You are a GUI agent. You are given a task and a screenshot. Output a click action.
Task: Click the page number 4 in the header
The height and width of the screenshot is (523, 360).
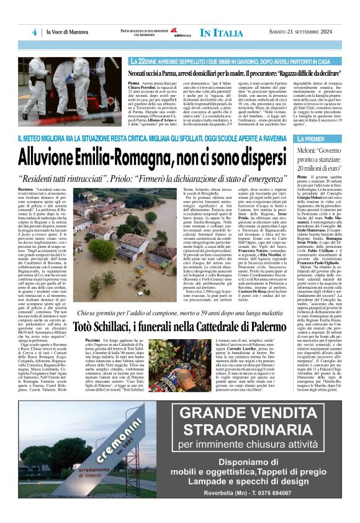point(35,32)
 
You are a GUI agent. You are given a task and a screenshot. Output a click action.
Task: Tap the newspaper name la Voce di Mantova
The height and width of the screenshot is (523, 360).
point(64,32)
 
